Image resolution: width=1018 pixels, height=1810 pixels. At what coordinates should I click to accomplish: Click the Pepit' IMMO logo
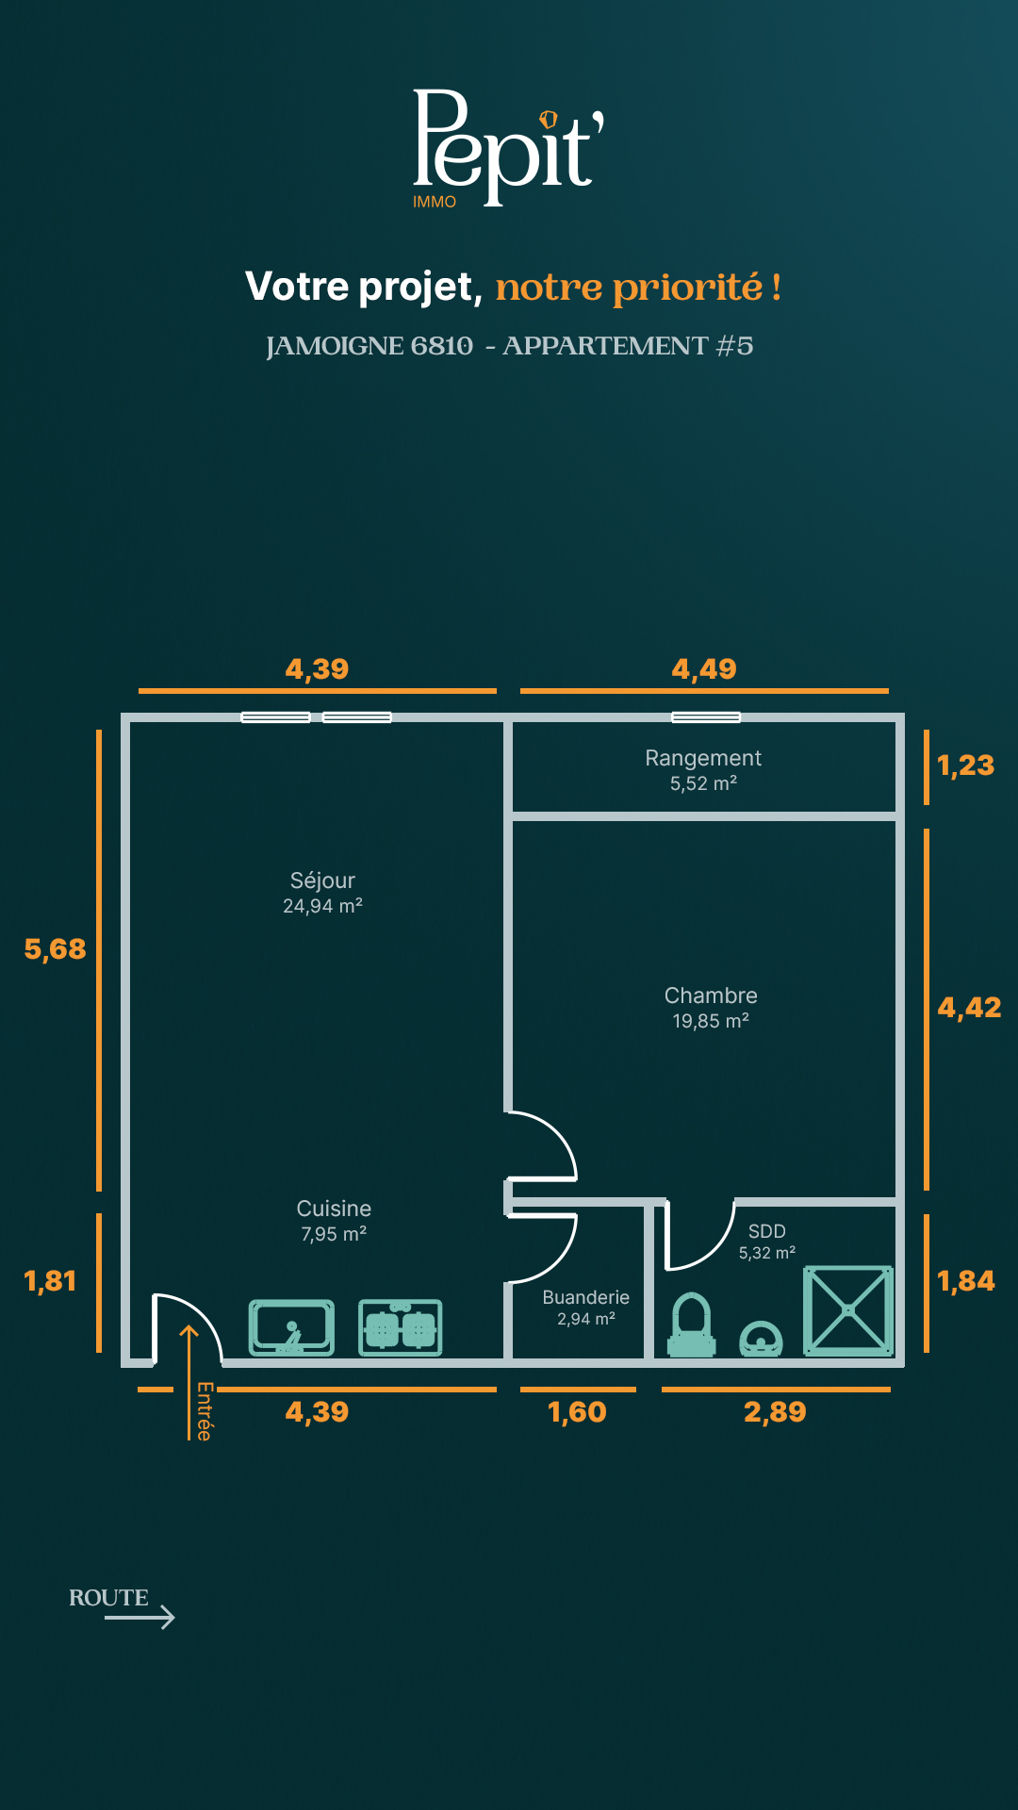pyautogui.click(x=508, y=149)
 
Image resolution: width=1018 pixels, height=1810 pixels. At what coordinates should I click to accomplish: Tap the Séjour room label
pyautogui.click(x=322, y=892)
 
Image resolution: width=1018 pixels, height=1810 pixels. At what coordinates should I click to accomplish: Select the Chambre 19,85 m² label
pyautogui.click(x=711, y=1008)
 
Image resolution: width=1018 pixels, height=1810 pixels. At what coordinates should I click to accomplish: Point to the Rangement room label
pyautogui.click(x=703, y=770)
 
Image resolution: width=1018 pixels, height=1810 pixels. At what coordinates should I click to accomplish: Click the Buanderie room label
pyautogui.click(x=585, y=1308)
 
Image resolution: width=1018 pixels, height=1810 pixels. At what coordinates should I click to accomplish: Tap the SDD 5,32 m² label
pyautogui.click(x=767, y=1242)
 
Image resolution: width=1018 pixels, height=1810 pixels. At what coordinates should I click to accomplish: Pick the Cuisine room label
pyautogui.click(x=334, y=1221)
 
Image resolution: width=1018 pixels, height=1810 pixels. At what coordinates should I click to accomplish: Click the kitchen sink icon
pyautogui.click(x=291, y=1327)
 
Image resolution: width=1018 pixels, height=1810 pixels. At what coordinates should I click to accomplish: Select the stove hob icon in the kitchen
pyautogui.click(x=401, y=1327)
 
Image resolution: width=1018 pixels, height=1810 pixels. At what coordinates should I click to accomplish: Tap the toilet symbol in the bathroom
pyautogui.click(x=692, y=1325)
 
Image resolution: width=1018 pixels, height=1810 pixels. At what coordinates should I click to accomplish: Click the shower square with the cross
pyautogui.click(x=848, y=1310)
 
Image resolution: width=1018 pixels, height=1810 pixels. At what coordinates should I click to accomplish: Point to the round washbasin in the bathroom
pyautogui.click(x=761, y=1340)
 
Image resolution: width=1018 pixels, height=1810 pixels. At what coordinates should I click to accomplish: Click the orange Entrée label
pyautogui.click(x=205, y=1411)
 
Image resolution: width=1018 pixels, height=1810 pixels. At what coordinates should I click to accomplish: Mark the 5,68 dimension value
pyautogui.click(x=55, y=949)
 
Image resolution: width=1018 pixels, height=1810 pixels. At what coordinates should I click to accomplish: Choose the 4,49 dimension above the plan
pyautogui.click(x=704, y=669)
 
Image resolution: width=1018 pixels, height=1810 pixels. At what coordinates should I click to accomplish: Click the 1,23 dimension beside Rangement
pyautogui.click(x=965, y=765)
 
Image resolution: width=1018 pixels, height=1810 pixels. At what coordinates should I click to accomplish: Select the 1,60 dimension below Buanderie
pyautogui.click(x=577, y=1412)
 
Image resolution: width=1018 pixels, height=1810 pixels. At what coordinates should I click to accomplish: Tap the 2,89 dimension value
pyautogui.click(x=775, y=1412)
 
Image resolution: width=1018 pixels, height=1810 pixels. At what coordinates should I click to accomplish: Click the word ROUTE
pyautogui.click(x=108, y=1598)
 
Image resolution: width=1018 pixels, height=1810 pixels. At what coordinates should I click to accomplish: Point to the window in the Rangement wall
pyautogui.click(x=706, y=717)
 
